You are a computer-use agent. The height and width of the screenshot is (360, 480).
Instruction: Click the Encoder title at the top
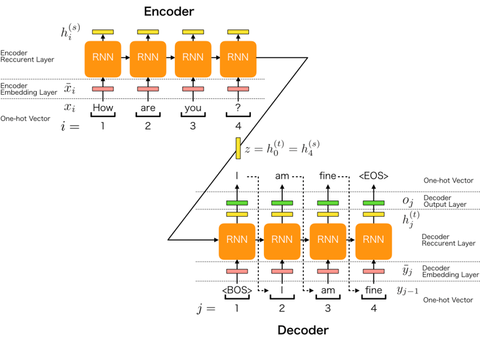[169, 11]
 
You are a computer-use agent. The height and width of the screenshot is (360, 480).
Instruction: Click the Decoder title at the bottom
[303, 330]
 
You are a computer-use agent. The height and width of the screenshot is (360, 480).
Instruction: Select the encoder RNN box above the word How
[103, 58]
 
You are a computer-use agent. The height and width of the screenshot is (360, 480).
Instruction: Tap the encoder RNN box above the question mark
[238, 58]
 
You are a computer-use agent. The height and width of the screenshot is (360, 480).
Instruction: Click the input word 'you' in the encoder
[192, 107]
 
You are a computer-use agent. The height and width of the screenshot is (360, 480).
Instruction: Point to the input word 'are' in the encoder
[148, 107]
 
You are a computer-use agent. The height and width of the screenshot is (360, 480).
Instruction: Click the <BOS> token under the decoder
[237, 290]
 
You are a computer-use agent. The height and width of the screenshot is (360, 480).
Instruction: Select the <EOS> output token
[374, 177]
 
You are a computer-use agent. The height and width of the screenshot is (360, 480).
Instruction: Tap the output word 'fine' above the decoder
[327, 176]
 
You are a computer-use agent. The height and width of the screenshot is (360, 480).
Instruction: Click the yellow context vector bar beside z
[238, 148]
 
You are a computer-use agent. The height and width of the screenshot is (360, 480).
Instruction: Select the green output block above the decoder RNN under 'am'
[282, 203]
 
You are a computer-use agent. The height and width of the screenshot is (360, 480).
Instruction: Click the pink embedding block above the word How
[103, 88]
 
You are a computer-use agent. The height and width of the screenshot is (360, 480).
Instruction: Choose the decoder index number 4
[374, 308]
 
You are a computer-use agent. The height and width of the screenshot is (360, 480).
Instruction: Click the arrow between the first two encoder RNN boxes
[125, 58]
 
